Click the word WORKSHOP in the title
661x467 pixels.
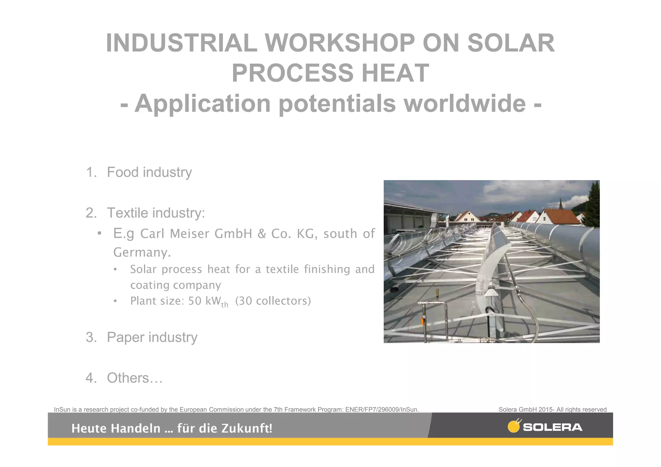[340, 44]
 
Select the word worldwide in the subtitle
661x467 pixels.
[465, 104]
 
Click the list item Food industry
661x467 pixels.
[149, 172]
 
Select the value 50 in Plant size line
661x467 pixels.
[195, 301]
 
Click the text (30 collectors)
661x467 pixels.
[273, 301]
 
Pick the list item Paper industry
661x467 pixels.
[152, 337]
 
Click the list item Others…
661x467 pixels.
[135, 378]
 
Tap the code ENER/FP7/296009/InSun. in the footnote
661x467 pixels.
[382, 410]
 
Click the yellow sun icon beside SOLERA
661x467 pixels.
[514, 426]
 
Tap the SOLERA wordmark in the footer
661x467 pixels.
[553, 428]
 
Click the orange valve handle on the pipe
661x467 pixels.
[422, 321]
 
